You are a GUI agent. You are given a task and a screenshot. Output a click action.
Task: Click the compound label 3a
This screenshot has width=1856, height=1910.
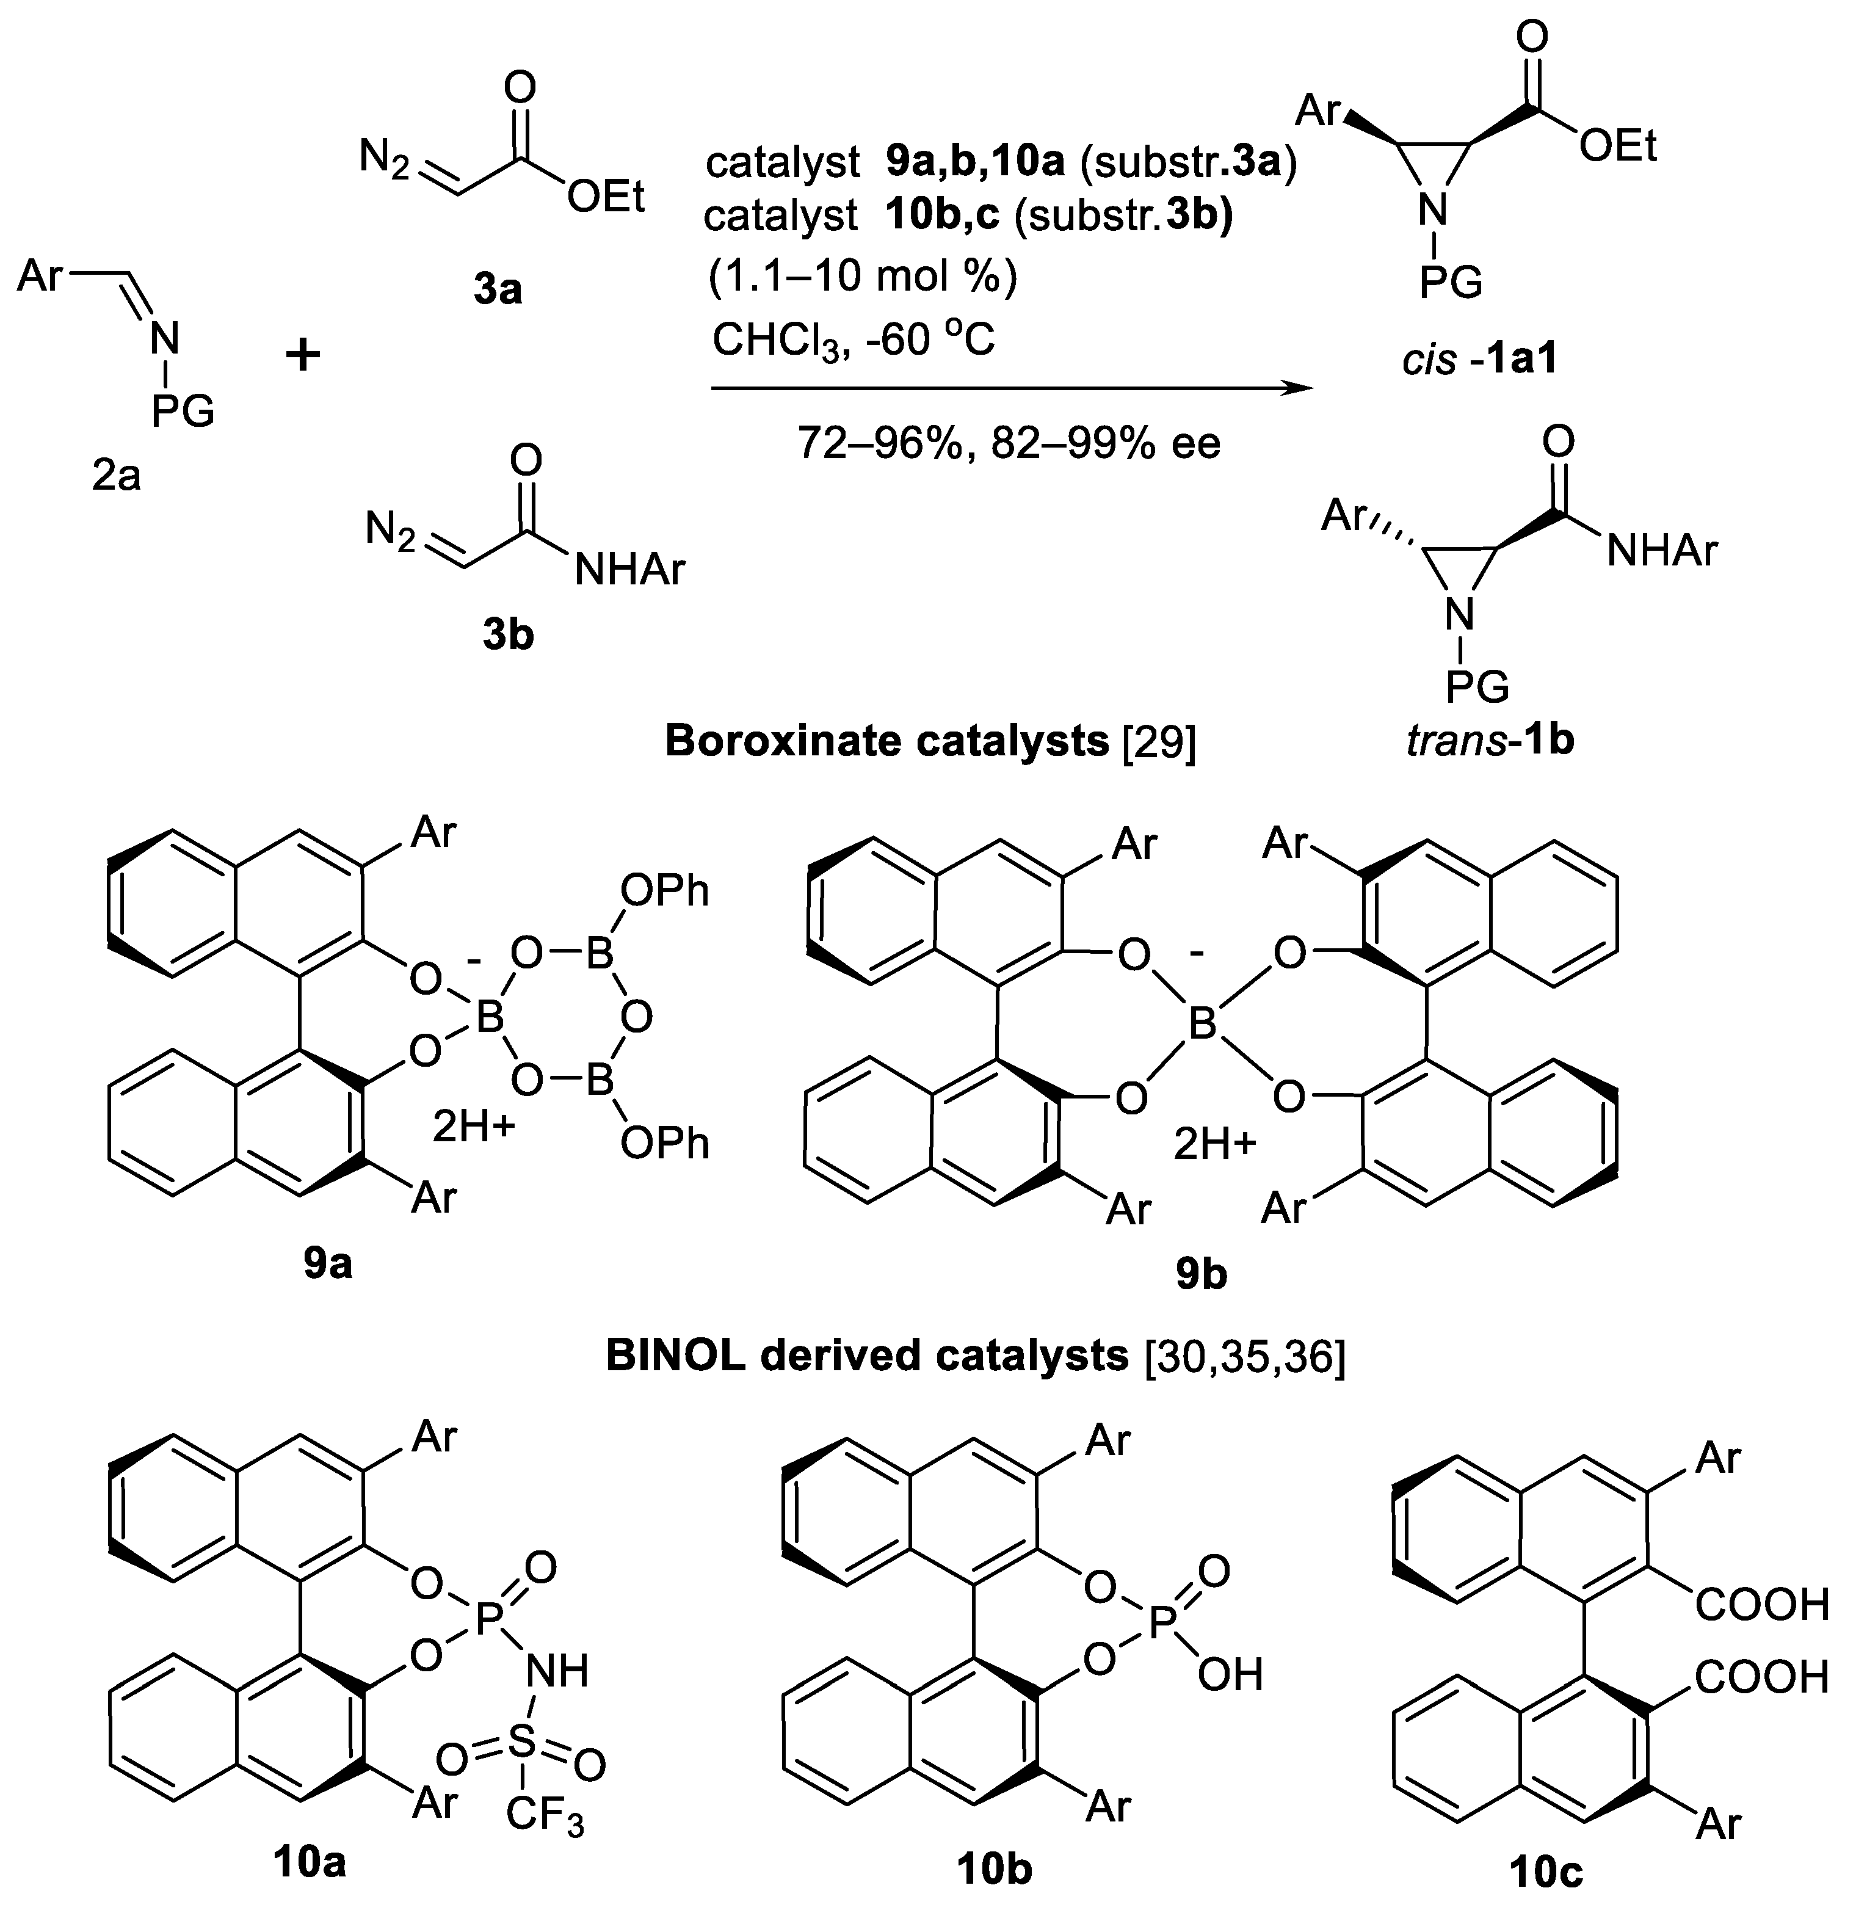(498, 289)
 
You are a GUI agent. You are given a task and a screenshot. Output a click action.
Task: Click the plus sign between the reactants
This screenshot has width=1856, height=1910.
(303, 356)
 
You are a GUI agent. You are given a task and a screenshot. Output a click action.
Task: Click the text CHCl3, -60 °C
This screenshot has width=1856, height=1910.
(853, 340)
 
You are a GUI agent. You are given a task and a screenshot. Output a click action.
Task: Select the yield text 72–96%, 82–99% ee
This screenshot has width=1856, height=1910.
(1009, 444)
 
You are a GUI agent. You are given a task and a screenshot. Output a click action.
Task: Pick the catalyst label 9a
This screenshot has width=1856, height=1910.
(327, 1265)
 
